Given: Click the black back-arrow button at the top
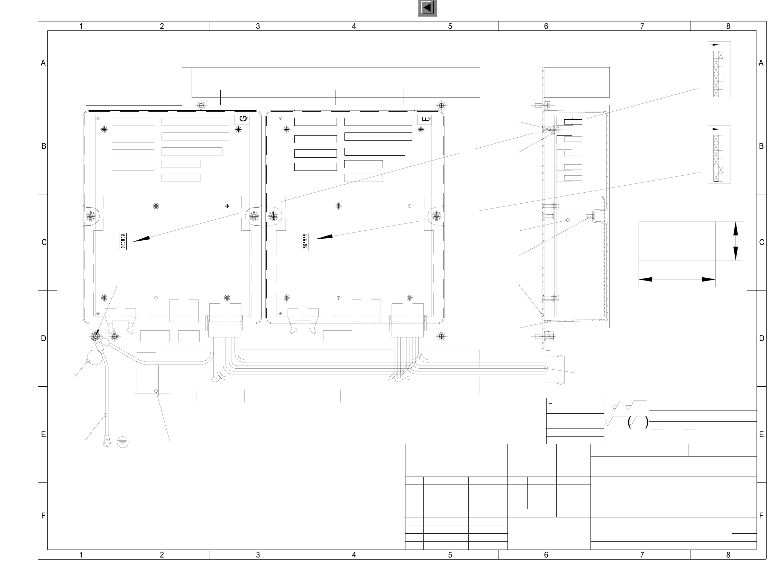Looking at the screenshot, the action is coord(428,8).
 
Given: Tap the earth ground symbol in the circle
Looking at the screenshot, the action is coord(123,442).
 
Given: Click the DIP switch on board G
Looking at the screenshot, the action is coord(122,241).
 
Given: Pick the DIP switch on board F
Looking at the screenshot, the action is coord(305,241).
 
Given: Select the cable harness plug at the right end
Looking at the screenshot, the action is coord(555,369).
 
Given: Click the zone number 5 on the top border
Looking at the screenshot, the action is coord(450,26).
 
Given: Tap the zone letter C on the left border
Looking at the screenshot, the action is coord(44,242).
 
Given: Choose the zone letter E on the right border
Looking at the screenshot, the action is coord(761,435).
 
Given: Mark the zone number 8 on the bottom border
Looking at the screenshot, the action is coord(728,555).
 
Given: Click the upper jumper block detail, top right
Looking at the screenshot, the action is coord(719,70).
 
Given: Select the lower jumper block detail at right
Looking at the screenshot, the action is coord(719,154).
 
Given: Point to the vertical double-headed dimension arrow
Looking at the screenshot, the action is coord(735,241).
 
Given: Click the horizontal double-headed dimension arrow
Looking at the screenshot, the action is coord(677,279).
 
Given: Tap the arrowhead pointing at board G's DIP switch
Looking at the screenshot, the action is coord(142,239).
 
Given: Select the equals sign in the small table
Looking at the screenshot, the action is coord(551,404).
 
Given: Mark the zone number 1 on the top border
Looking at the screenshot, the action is coord(81,26).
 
